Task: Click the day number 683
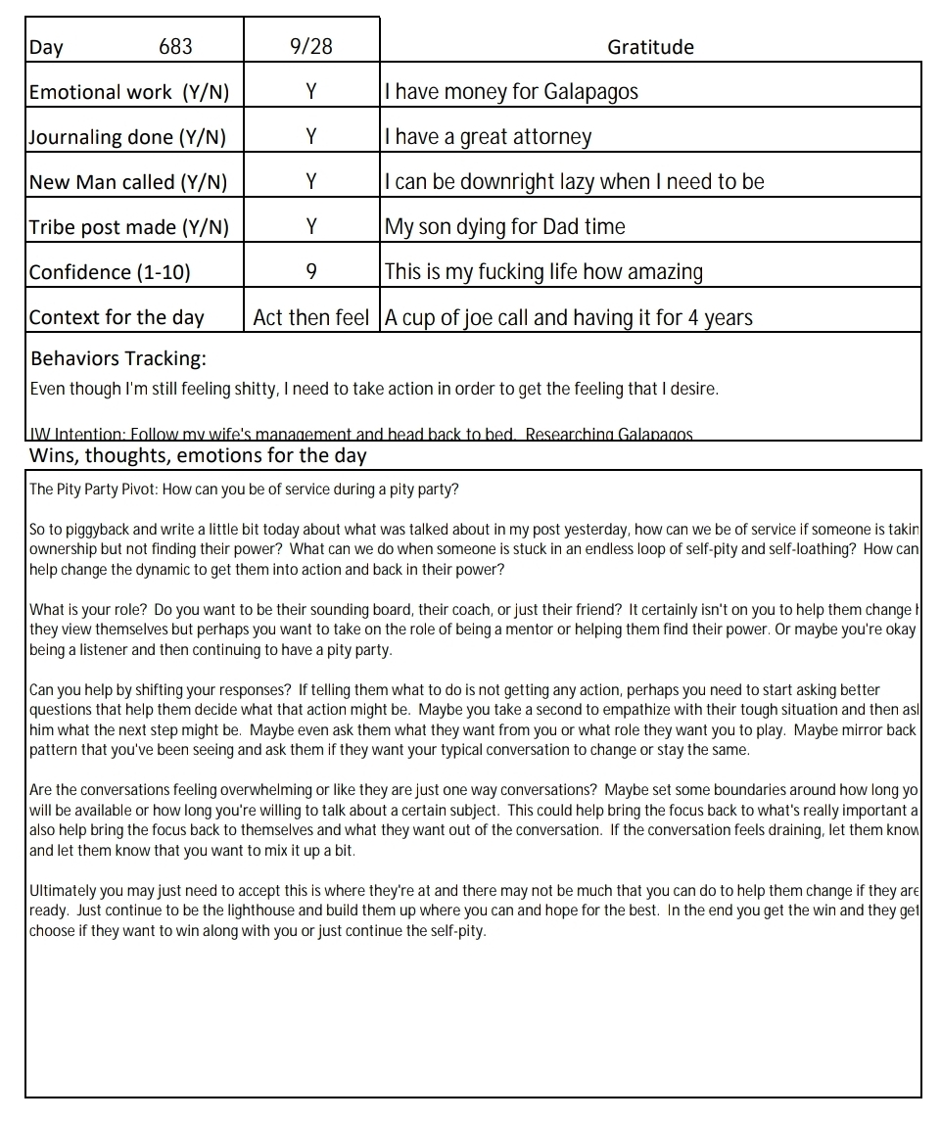coord(175,46)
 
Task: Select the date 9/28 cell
coord(310,46)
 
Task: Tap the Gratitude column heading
coord(650,46)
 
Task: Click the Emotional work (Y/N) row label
coord(129,92)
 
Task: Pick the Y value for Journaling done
coord(310,137)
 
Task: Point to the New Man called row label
coord(128,182)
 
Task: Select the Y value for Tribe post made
coord(310,227)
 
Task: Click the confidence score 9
coord(310,272)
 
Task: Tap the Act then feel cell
coord(310,317)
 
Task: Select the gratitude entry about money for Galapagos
coord(511,92)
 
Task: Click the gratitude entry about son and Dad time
coord(504,227)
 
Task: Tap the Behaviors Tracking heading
coord(118,357)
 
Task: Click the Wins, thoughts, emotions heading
coord(198,455)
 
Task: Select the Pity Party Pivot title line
coord(244,490)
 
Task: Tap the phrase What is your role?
coord(87,610)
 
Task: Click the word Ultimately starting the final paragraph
coord(62,891)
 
